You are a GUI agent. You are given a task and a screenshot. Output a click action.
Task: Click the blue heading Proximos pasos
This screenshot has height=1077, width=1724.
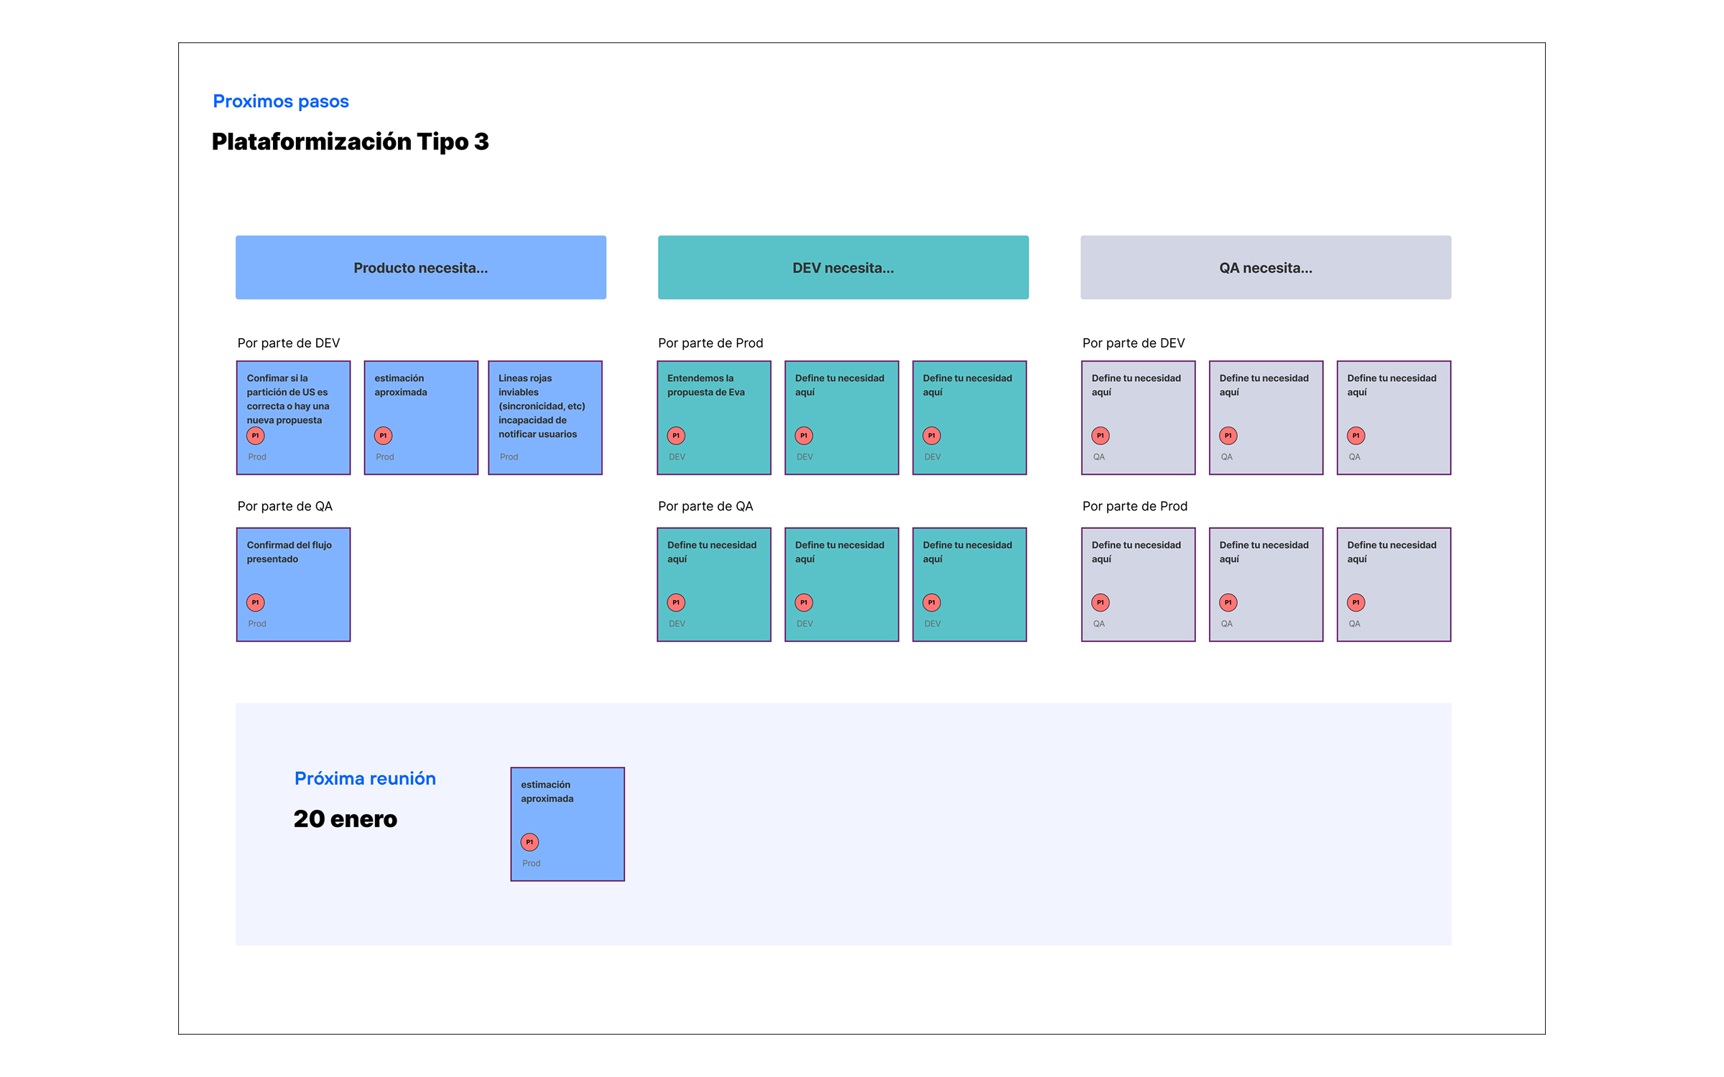[281, 101]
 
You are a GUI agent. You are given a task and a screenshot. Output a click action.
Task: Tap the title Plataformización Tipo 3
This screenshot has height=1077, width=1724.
[350, 141]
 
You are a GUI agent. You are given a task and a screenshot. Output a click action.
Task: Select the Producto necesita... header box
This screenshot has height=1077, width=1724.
[421, 267]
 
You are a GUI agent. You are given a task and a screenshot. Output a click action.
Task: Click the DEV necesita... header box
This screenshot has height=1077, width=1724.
[843, 267]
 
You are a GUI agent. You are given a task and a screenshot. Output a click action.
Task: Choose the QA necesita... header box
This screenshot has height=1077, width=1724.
[1266, 267]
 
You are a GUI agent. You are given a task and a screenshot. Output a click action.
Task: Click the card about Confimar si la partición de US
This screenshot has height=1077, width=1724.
[294, 417]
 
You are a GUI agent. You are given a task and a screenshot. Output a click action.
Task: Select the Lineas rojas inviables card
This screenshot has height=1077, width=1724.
[545, 417]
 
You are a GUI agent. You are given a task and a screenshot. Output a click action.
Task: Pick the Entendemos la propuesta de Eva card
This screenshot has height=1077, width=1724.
[714, 417]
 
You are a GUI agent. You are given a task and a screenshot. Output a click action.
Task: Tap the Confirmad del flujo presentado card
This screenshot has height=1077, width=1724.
[294, 584]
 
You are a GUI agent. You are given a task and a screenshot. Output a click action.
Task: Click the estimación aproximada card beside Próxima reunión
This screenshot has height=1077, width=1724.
[567, 824]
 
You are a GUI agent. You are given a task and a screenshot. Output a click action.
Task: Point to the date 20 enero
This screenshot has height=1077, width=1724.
[346, 819]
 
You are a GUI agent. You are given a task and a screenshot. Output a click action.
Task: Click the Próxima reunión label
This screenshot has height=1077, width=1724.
[365, 778]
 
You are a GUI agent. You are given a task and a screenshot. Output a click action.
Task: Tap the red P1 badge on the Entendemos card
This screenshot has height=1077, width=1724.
[676, 436]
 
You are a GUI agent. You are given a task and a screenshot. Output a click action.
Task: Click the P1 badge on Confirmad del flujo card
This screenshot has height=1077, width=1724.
[256, 602]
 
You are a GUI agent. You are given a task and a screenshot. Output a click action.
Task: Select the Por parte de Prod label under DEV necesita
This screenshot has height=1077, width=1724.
[710, 343]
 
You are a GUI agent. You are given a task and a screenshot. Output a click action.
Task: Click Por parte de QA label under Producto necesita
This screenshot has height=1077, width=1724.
[285, 506]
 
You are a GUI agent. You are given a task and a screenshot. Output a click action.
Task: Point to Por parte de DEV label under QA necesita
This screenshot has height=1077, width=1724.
[1134, 343]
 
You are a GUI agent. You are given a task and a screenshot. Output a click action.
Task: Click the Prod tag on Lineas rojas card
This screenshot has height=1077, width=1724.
[509, 457]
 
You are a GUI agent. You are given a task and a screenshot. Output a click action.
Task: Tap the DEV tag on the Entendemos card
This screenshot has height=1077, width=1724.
[677, 457]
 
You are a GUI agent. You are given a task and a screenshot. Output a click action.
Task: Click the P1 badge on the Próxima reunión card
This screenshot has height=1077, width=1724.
[529, 842]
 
